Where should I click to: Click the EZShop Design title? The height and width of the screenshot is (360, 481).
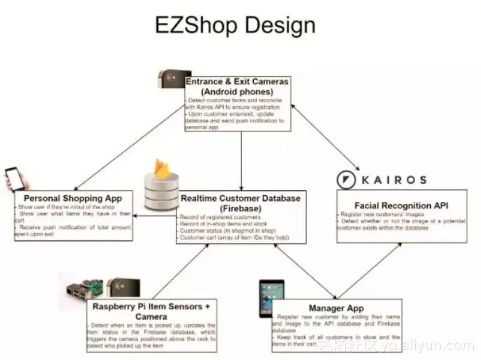(x=235, y=25)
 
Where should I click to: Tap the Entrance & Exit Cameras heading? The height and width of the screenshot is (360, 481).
(x=237, y=81)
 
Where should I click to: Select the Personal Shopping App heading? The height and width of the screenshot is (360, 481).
(x=72, y=198)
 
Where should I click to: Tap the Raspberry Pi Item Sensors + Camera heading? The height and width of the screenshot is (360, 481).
(x=151, y=311)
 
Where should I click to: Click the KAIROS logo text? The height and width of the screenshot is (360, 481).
(x=392, y=179)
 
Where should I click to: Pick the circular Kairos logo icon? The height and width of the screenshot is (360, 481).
(x=346, y=179)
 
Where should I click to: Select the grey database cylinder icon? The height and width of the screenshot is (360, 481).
(x=161, y=194)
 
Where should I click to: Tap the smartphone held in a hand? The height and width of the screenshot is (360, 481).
(x=15, y=179)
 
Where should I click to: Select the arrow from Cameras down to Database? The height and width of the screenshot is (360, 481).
(x=241, y=161)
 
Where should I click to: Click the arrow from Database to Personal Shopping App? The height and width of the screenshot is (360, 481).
(x=154, y=216)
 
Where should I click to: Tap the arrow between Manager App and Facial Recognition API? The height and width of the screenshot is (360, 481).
(x=371, y=269)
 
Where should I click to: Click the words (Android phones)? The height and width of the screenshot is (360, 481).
(x=237, y=91)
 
